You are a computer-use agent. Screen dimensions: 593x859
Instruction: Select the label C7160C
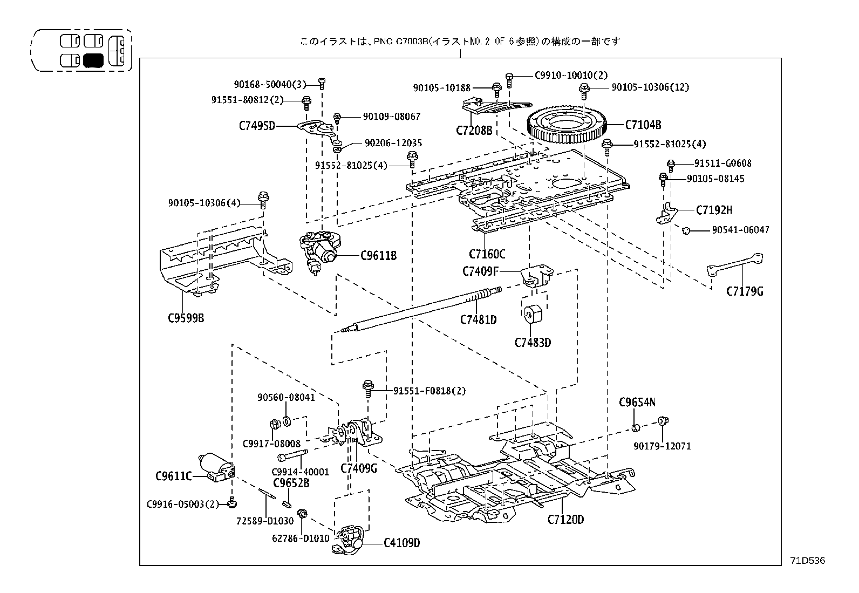487,254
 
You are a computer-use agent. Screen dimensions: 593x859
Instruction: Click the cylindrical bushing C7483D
533,315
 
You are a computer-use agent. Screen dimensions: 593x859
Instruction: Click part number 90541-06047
740,230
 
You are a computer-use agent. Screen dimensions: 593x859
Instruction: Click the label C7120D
565,520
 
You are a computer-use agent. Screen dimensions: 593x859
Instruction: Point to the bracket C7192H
667,213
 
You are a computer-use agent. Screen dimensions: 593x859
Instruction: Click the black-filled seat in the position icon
93,60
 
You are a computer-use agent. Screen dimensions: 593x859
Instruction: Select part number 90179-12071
662,446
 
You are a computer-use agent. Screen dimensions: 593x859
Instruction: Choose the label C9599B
186,318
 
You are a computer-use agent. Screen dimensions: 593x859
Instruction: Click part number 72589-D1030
265,521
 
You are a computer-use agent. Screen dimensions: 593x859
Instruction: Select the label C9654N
637,402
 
